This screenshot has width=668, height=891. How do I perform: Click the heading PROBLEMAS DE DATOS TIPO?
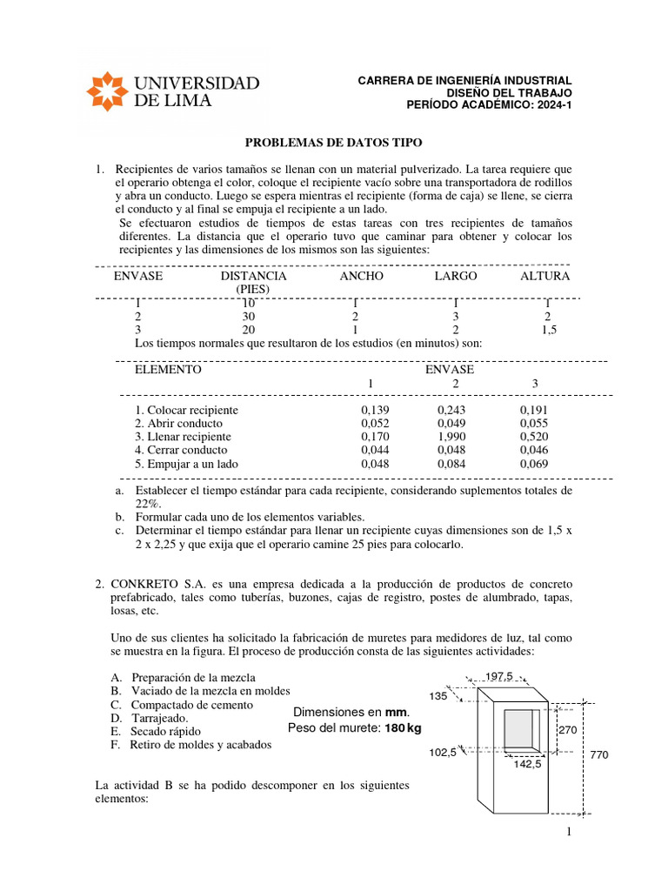pos(332,142)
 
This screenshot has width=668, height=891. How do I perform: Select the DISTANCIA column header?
pos(253,276)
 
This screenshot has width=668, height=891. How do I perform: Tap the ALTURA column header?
pos(544,276)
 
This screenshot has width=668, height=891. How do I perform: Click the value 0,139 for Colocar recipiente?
pos(374,409)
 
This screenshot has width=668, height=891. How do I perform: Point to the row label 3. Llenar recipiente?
pos(183,437)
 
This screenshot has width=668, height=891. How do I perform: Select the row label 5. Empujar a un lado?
pos(186,465)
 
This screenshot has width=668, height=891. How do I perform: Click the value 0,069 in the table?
pos(535,465)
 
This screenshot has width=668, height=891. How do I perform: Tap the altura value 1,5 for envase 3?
pos(548,330)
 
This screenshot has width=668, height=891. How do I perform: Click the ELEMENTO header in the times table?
pos(168,369)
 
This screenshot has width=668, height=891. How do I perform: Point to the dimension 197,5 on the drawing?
pos(500,676)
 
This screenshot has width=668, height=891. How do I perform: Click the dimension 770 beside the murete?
pos(598,756)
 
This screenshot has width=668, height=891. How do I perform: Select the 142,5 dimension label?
pos(526,764)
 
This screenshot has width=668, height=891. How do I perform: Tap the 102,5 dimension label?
pos(442,753)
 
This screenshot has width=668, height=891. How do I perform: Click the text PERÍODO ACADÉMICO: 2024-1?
pos(490,105)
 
